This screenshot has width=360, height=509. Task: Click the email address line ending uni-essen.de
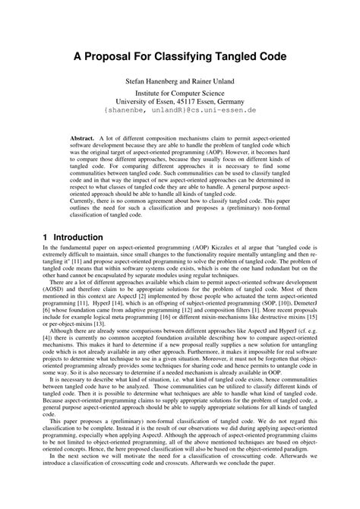point(181,110)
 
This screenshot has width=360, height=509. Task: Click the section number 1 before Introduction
point(46,237)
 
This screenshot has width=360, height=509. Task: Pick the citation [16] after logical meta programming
point(162,317)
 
